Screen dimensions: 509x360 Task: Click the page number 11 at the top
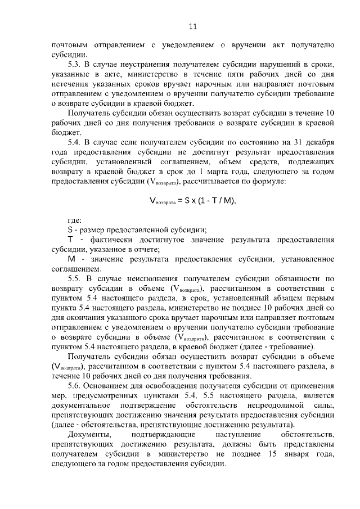click(192, 26)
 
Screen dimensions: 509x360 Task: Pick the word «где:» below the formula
click(74, 219)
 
